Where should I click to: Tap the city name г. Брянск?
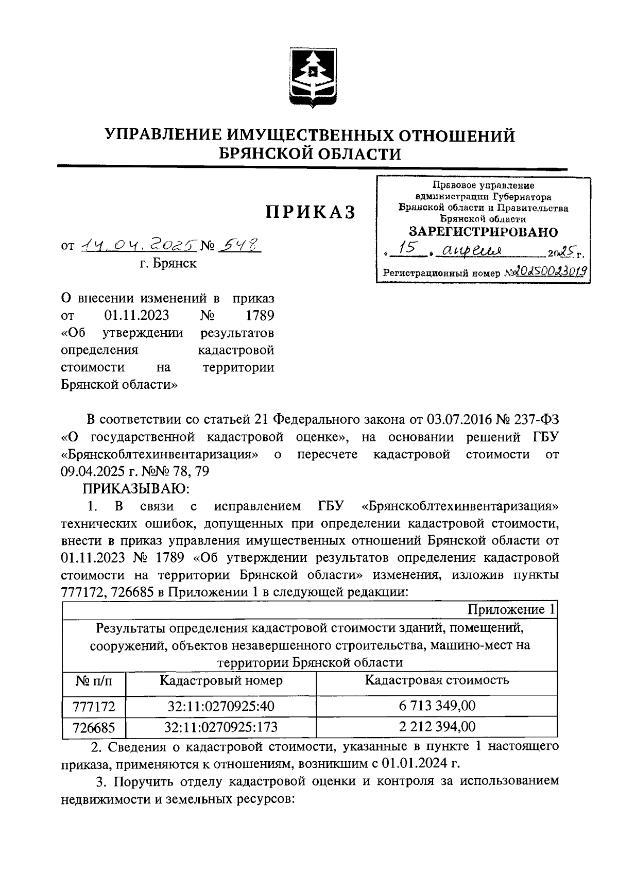click(168, 264)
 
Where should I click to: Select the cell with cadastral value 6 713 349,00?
click(437, 705)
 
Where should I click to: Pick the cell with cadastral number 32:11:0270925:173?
click(221, 727)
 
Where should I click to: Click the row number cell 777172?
click(94, 706)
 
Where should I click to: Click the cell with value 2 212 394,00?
click(437, 727)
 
